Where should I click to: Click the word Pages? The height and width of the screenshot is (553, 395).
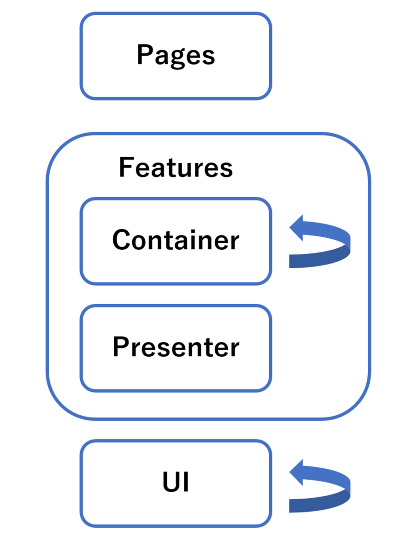pos(176,56)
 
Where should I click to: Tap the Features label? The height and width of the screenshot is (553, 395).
pos(176,168)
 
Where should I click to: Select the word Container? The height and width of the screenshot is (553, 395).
pos(176,240)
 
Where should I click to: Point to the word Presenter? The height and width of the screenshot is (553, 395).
pos(176,347)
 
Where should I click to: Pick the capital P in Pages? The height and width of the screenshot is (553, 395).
pos(144,55)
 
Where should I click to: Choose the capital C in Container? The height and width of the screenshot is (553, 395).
pos(121,240)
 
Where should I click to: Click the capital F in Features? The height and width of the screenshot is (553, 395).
pos(126,168)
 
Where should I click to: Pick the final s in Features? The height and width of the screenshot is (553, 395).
pos(227,169)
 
